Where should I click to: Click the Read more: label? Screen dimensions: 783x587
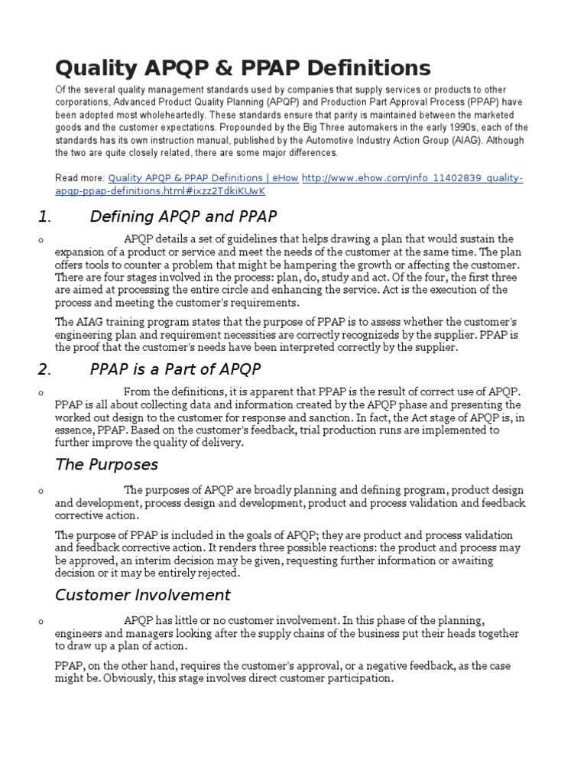pos(79,178)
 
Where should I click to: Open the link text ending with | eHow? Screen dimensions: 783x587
pos(203,178)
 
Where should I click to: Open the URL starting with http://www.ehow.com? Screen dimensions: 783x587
pos(413,178)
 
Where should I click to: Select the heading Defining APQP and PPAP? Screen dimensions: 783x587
pos(183,216)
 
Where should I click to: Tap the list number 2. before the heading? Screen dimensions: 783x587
pos(44,369)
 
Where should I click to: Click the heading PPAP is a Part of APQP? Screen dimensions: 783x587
pos(175,369)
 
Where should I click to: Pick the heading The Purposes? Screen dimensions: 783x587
pos(107,464)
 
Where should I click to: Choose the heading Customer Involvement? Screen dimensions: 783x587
pos(142,594)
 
